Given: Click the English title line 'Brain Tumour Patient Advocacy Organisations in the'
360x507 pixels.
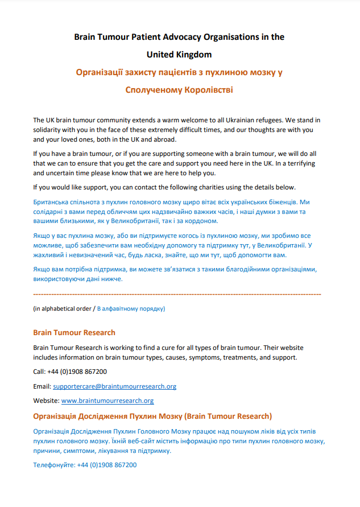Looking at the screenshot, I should (179, 38).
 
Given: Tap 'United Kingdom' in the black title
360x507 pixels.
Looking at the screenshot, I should (179, 55).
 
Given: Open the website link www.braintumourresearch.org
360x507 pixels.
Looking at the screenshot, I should (107, 401).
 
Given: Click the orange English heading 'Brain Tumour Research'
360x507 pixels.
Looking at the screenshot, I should (74, 332).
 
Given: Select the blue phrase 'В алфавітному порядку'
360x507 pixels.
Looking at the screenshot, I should (131, 308).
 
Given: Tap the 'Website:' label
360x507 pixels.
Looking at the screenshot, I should (46, 401).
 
